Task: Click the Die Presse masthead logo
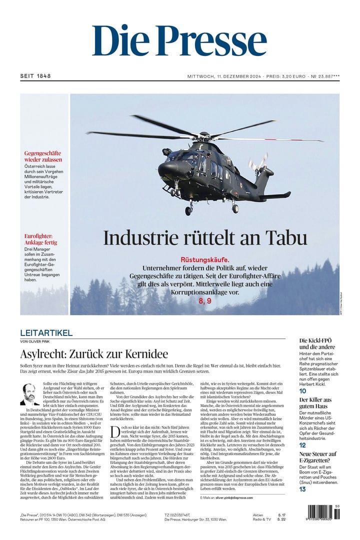tap(179, 41)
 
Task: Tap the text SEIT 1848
tap(35, 76)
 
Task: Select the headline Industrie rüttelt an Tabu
tap(205, 238)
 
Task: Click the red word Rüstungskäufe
tap(205, 259)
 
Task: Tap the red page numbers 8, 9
tap(205, 300)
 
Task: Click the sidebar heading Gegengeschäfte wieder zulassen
tap(43, 156)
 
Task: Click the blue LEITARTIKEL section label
tap(46, 333)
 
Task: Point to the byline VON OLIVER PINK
tap(37, 341)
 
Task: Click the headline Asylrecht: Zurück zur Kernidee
tap(94, 354)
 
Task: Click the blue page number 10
tap(303, 391)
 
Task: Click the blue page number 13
tap(302, 489)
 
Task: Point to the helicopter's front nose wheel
tap(188, 210)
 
